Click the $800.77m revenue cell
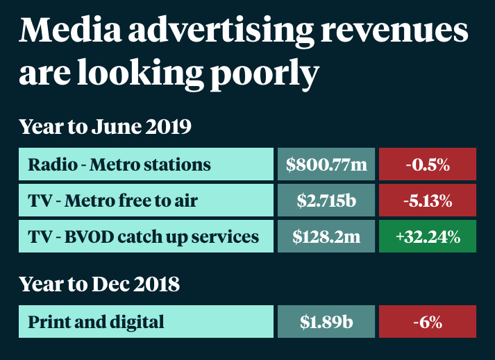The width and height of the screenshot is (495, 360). [x=326, y=165]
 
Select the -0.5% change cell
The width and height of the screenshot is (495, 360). [x=428, y=165]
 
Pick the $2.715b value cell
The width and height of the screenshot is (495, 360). [x=326, y=201]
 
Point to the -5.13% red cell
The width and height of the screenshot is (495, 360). [x=428, y=201]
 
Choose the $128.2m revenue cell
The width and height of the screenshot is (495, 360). [x=326, y=237]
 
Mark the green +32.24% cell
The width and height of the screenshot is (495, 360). [x=428, y=237]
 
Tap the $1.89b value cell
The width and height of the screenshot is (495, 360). [x=326, y=322]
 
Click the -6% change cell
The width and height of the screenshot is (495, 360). [x=428, y=322]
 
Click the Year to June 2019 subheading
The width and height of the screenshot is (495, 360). [x=105, y=128]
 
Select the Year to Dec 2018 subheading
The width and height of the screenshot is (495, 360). [x=99, y=284]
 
